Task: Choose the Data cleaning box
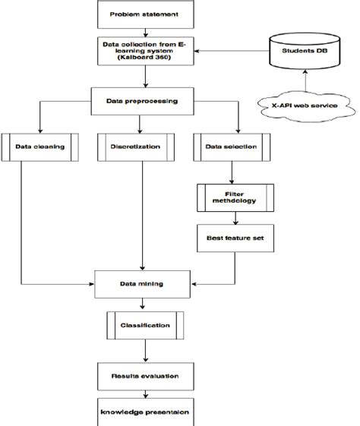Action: click(x=39, y=147)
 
